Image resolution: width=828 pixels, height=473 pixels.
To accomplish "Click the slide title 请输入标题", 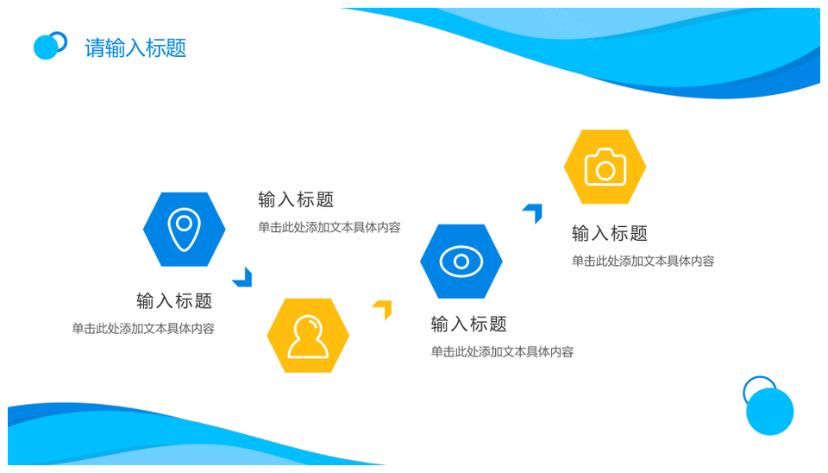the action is [x=135, y=48].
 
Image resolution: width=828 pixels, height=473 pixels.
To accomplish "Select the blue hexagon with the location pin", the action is [x=185, y=230].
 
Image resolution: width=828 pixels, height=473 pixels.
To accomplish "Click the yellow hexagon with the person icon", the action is [x=308, y=336].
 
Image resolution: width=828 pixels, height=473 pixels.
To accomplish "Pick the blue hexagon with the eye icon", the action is [x=461, y=261].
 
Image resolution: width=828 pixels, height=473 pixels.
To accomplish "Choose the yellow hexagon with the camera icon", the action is [x=605, y=167].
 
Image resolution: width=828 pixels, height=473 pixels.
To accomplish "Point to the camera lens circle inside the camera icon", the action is [x=605, y=170].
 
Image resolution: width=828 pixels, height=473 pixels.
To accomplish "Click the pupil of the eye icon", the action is [x=461, y=261].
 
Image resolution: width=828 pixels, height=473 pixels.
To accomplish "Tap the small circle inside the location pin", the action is [x=184, y=223].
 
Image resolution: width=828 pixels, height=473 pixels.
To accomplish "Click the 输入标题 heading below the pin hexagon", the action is [x=174, y=300].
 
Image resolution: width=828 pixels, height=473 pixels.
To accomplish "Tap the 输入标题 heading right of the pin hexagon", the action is [x=296, y=199].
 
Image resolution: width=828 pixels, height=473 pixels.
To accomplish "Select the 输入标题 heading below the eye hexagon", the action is [x=469, y=324].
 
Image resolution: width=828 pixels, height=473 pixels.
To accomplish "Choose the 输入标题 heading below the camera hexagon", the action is [x=610, y=233].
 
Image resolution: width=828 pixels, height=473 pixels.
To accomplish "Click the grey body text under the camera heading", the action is [x=643, y=261].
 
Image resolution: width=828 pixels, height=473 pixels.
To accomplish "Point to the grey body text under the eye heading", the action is [x=502, y=352].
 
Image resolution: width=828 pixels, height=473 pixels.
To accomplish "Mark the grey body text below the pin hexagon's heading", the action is [x=143, y=329].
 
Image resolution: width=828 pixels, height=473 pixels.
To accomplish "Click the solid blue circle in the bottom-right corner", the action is [x=770, y=412].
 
